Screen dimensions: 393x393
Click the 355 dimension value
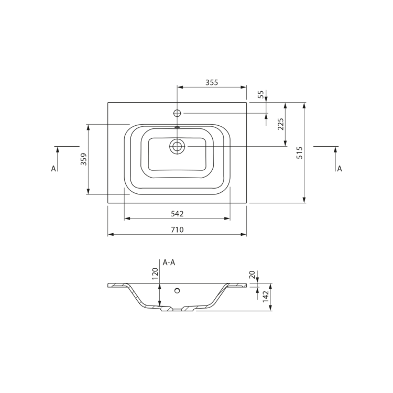pyautogui.click(x=212, y=82)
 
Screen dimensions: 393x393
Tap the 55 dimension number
pyautogui.click(x=261, y=94)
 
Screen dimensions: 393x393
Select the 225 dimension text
pyautogui.click(x=280, y=124)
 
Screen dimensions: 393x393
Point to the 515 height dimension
pyautogui.click(x=300, y=152)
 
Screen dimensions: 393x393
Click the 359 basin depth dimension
pyautogui.click(x=83, y=159)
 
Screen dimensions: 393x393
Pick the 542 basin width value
pyautogui.click(x=177, y=214)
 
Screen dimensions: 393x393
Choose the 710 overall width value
pyautogui.click(x=177, y=230)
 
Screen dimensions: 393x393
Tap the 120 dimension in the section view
pyautogui.click(x=155, y=274)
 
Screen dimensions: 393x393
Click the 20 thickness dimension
pyautogui.click(x=252, y=275)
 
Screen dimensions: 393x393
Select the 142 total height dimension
pyautogui.click(x=266, y=297)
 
